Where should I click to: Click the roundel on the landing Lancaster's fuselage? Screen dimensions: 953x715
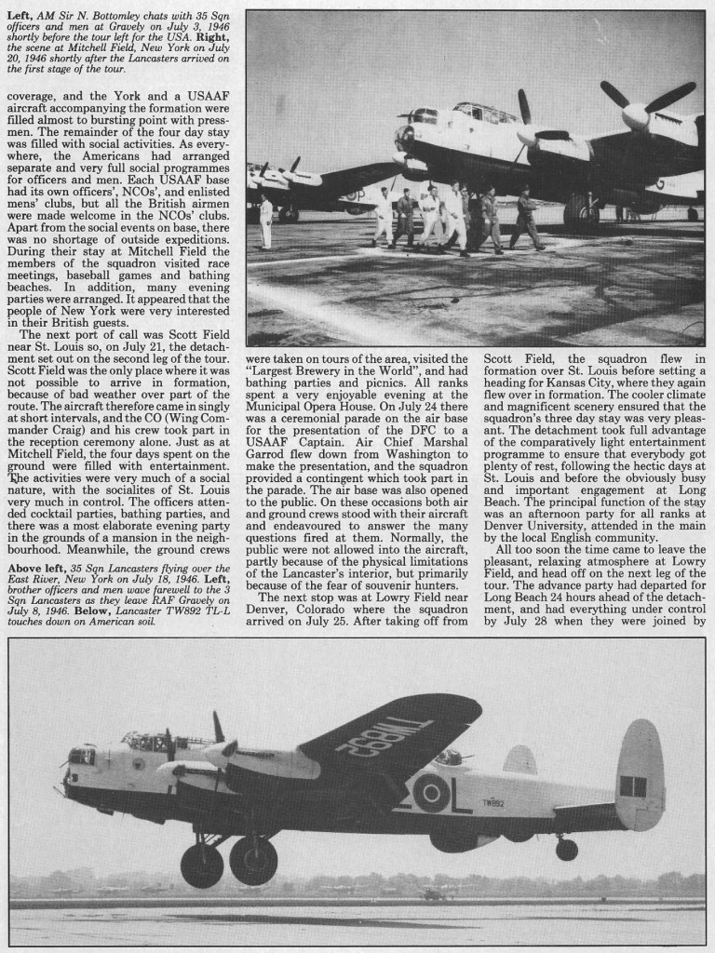[430, 792]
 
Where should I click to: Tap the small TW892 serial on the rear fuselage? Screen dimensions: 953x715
[493, 802]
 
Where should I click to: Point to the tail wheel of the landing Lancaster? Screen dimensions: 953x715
[566, 849]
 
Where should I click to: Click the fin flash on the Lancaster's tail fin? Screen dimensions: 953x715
[633, 785]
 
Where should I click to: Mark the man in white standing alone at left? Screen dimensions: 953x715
[266, 221]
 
